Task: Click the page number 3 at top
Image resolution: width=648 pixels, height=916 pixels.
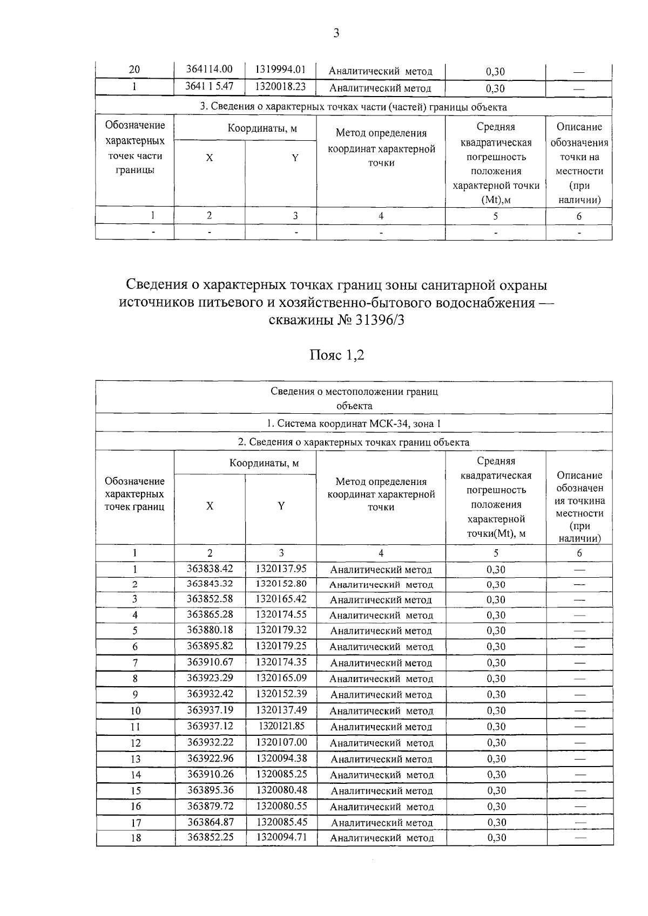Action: click(336, 33)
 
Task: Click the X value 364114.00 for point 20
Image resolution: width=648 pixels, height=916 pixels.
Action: click(210, 70)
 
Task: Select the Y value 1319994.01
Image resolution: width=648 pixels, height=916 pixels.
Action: click(281, 70)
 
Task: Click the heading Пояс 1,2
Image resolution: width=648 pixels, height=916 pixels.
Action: click(336, 355)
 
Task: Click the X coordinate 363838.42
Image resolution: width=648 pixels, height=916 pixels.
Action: click(210, 569)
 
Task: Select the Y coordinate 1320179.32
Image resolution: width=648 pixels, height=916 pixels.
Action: click(281, 630)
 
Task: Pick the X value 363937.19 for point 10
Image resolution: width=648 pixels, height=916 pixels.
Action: click(210, 710)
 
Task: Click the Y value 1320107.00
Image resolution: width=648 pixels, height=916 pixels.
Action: click(281, 742)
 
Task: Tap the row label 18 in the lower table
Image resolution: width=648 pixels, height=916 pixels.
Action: click(136, 838)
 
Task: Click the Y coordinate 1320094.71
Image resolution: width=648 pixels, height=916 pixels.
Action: click(281, 837)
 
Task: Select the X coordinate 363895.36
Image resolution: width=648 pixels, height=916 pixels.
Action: click(210, 790)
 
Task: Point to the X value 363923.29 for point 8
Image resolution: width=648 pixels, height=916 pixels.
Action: click(210, 678)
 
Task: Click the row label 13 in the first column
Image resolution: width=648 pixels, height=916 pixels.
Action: click(136, 759)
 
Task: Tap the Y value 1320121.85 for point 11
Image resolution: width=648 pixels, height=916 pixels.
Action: click(281, 726)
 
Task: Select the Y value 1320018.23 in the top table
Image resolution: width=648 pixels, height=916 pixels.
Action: click(281, 87)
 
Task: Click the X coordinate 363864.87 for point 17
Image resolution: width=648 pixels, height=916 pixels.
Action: click(210, 822)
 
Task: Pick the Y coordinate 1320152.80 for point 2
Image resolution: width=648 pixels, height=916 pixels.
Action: click(281, 583)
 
